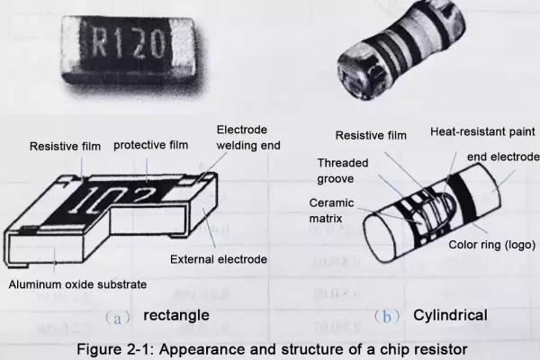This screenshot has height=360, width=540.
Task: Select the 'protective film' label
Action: coord(151,145)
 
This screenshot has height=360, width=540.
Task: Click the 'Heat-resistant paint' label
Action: coord(482,132)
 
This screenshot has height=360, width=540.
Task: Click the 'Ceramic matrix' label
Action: coord(331,211)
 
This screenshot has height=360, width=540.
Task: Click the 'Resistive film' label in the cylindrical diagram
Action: coord(371,135)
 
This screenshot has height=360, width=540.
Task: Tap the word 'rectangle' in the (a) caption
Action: coord(176,315)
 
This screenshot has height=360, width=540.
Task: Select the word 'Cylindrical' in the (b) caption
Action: coord(450,315)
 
